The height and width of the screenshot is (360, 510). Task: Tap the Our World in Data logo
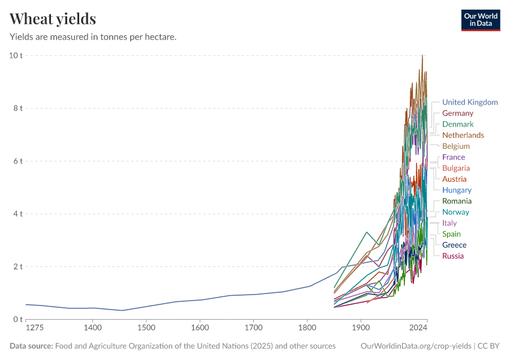480,20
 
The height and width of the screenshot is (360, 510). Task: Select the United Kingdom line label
470,102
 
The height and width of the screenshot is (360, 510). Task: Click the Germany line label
458,113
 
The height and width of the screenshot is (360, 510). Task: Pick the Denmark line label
458,124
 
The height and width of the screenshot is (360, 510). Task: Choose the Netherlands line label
463,135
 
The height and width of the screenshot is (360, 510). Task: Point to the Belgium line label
456,146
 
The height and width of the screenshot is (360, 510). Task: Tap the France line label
454,157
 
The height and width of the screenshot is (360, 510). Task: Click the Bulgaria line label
456,168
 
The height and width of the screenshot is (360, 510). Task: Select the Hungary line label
457,190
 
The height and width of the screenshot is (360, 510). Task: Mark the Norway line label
455,212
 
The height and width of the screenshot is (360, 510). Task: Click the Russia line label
453,256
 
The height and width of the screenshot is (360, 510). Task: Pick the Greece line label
454,245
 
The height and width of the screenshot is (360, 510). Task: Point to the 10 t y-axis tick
16,56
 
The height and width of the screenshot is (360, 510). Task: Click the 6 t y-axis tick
17,161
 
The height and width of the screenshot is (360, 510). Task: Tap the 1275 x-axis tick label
34,328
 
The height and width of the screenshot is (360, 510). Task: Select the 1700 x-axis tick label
254,328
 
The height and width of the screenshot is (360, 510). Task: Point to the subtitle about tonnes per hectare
93,37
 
